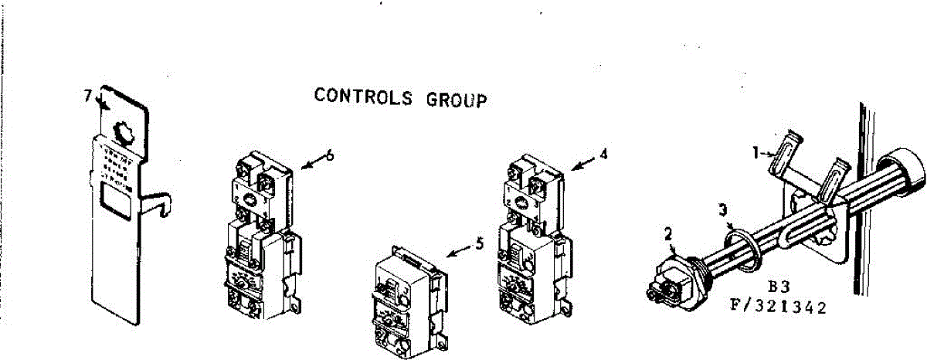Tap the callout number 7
tap(87, 95)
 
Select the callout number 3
tap(722, 209)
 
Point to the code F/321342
tap(778, 307)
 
